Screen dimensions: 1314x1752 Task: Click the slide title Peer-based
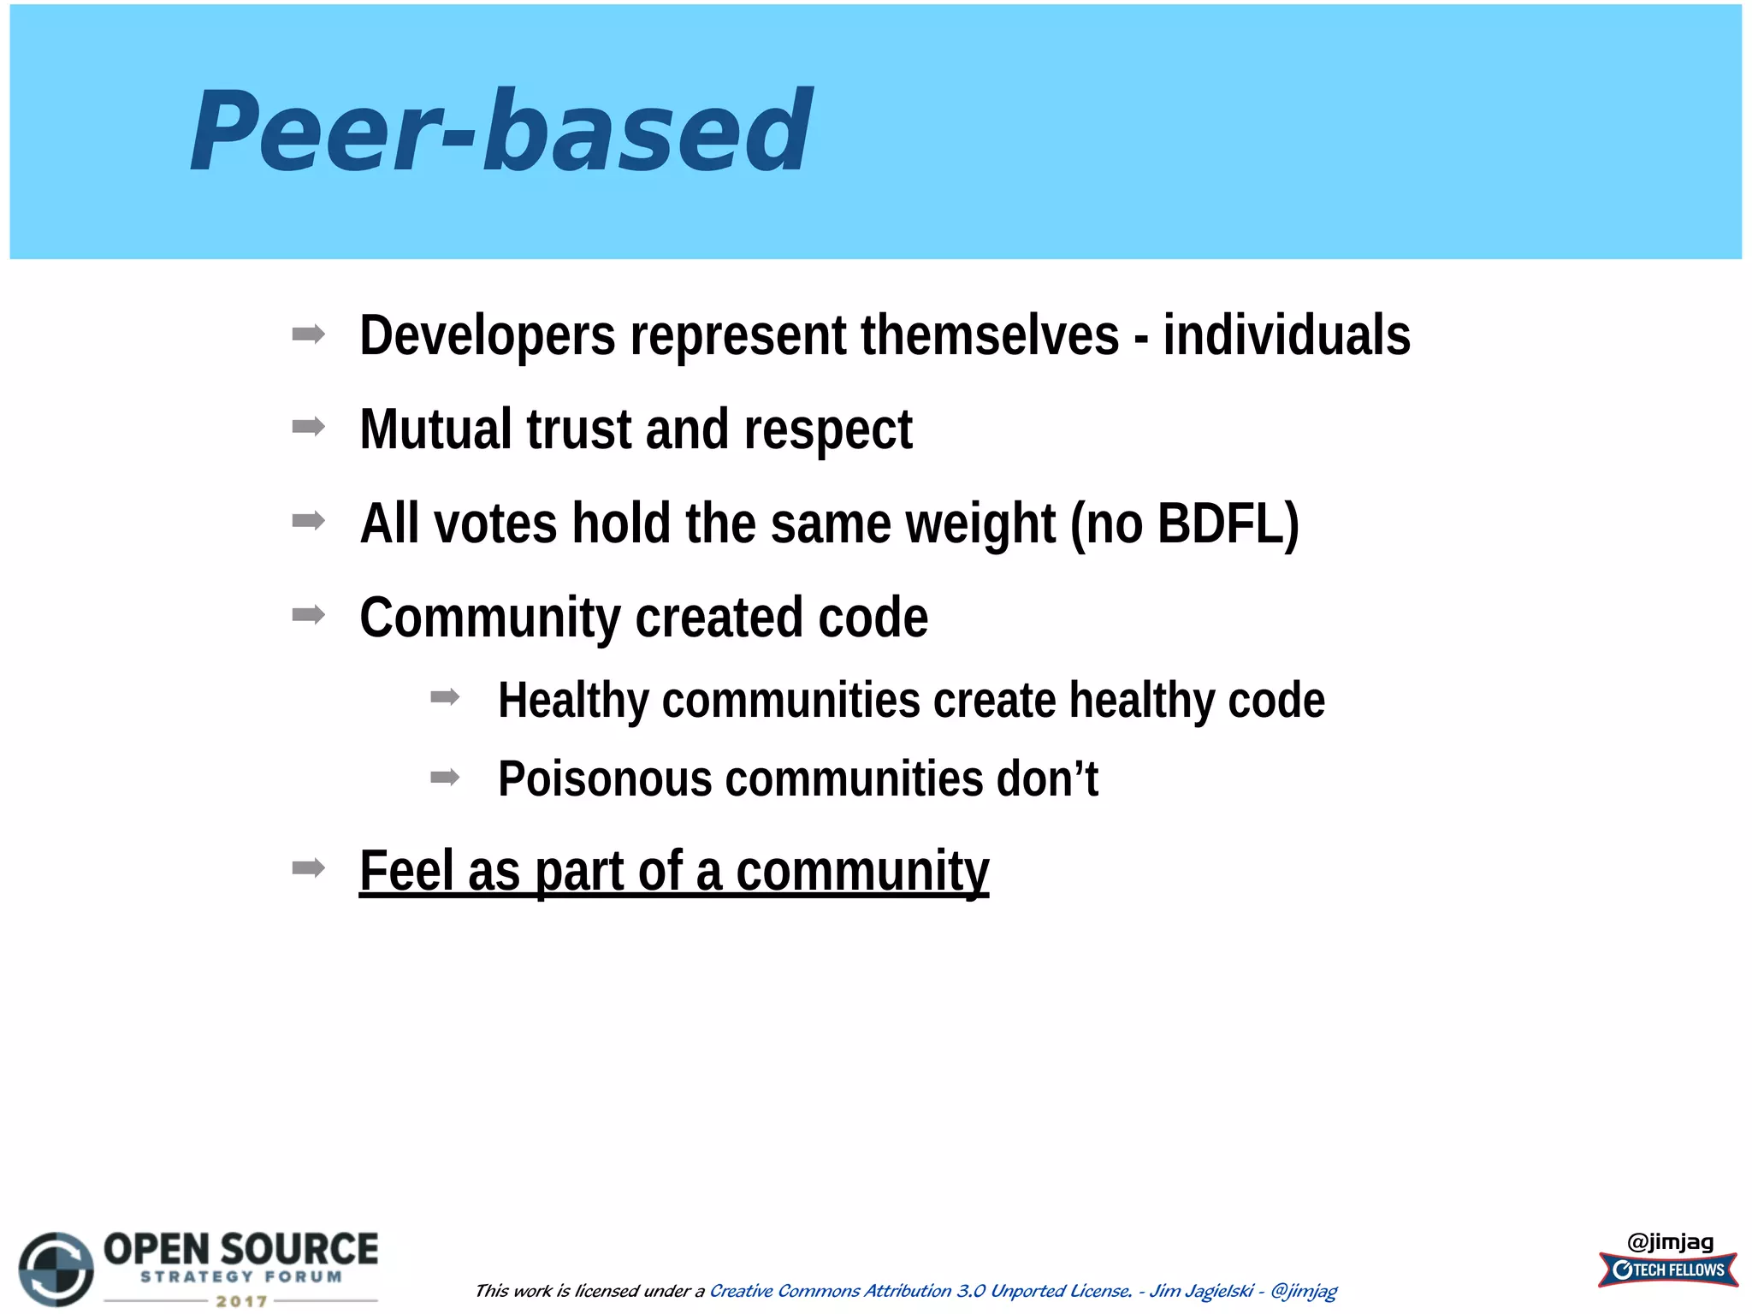click(x=500, y=131)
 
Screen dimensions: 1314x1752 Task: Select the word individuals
click(x=1286, y=335)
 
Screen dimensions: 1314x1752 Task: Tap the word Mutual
click(x=435, y=429)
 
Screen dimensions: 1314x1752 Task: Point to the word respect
click(x=827, y=430)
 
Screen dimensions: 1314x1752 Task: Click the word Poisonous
click(x=604, y=779)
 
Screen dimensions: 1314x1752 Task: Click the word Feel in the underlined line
click(x=405, y=871)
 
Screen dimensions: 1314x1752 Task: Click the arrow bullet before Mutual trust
click(x=308, y=426)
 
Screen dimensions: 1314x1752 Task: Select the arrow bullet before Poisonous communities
click(x=445, y=777)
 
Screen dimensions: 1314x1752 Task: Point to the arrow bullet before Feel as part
click(x=308, y=868)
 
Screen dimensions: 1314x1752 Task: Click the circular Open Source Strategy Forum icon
click(x=56, y=1269)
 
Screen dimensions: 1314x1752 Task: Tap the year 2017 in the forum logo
click(x=241, y=1301)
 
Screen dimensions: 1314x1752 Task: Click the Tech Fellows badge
click(x=1668, y=1270)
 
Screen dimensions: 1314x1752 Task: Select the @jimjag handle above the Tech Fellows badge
click(x=1670, y=1241)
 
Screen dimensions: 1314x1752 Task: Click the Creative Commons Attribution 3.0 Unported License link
click(x=920, y=1291)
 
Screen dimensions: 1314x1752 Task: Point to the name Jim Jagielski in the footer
click(x=1200, y=1291)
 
